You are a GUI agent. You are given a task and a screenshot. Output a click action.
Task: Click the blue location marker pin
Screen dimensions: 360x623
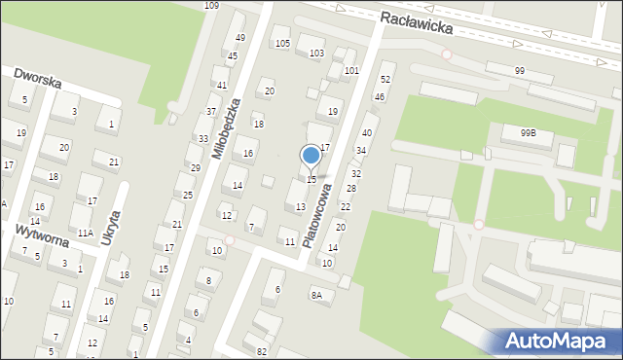tap(311, 156)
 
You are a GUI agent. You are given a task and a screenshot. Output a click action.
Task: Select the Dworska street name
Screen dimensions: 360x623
tap(38, 77)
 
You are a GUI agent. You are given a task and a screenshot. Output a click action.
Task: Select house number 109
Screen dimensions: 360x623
tap(211, 6)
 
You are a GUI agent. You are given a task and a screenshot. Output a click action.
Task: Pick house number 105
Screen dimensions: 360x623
tap(282, 43)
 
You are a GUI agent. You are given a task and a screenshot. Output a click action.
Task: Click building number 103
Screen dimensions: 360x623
tap(316, 53)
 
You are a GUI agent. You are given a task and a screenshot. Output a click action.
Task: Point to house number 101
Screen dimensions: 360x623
tap(351, 71)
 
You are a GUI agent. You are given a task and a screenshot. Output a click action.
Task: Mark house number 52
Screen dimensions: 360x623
tap(385, 79)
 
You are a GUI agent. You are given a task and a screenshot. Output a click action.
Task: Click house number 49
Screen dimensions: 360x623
tap(239, 38)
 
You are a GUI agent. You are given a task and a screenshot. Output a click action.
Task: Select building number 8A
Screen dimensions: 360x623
tap(316, 295)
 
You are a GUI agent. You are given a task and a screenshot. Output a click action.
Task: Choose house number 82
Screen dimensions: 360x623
tap(262, 350)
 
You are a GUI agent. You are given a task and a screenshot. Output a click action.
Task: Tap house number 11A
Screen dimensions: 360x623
tap(86, 234)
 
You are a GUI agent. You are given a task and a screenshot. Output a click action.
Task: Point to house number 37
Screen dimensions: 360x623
tap(211, 112)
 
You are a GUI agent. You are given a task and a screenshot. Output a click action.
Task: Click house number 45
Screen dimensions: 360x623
tap(233, 55)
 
